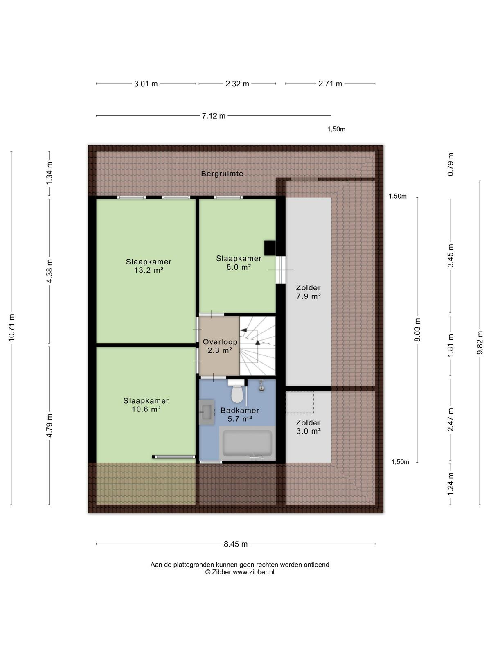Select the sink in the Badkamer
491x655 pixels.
(x=207, y=412)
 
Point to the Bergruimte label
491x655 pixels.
(x=222, y=174)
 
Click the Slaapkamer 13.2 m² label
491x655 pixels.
(x=149, y=266)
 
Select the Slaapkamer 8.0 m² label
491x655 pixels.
(x=239, y=262)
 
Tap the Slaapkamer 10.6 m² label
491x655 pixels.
(x=146, y=404)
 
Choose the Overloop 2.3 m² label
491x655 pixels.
(x=220, y=346)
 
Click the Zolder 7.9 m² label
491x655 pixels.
(x=308, y=292)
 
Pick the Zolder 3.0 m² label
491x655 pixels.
(x=308, y=427)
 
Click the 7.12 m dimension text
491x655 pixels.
(x=214, y=116)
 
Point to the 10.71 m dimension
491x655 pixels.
(x=11, y=327)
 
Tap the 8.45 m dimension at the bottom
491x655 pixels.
(x=236, y=544)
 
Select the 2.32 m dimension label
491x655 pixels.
(x=237, y=84)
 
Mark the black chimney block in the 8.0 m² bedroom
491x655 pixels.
(x=270, y=248)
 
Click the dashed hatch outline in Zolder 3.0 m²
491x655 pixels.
(x=300, y=402)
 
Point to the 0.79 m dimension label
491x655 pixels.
(x=450, y=164)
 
